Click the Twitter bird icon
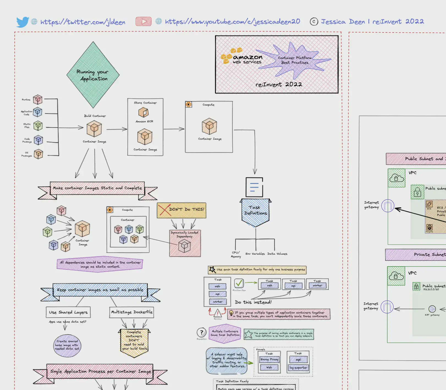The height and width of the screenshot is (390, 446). (x=23, y=22)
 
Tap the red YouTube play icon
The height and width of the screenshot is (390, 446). (x=143, y=21)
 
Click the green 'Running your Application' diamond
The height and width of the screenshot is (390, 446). (x=93, y=75)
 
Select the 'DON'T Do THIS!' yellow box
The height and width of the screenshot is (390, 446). (x=181, y=210)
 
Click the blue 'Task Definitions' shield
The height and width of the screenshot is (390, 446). (x=256, y=212)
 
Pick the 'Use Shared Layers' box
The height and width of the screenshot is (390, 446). (x=68, y=312)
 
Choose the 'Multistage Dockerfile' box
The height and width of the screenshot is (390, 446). (x=131, y=312)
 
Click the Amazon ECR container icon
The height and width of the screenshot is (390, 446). (x=143, y=112)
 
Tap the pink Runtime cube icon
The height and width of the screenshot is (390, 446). (x=38, y=99)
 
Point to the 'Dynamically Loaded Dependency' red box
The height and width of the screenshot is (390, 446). (x=185, y=243)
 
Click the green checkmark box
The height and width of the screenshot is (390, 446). (x=239, y=283)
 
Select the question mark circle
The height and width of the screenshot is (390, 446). (x=202, y=333)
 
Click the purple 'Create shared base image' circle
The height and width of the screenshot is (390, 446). (x=67, y=345)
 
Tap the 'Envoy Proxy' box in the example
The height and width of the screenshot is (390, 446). (x=269, y=359)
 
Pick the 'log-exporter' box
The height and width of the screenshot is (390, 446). (x=298, y=367)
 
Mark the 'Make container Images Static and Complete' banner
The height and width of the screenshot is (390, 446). (x=97, y=188)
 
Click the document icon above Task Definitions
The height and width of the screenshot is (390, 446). (x=254, y=187)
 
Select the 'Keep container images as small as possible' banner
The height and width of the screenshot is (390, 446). (x=100, y=290)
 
